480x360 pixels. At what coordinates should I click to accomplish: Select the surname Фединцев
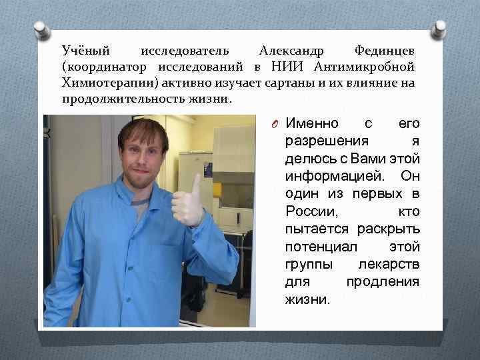(385, 51)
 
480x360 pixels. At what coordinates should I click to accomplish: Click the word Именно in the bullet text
(312, 124)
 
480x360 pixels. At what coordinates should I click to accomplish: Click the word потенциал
(315, 247)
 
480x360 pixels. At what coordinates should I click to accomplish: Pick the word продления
(383, 281)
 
